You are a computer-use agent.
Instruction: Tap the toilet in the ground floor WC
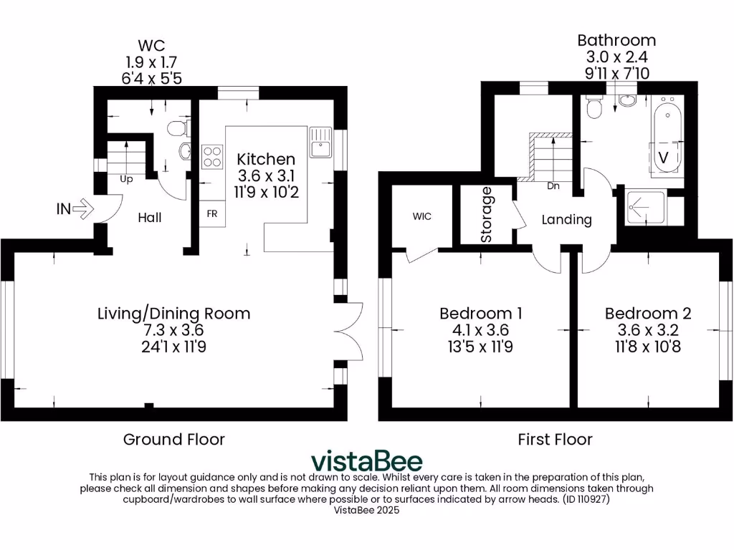pos(176,128)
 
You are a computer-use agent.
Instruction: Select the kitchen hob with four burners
pos(213,157)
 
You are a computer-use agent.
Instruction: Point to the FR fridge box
pos(213,214)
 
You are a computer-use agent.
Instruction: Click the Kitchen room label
pos(266,159)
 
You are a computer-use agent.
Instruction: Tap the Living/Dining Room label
pos(174,313)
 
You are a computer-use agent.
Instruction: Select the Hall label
pos(150,217)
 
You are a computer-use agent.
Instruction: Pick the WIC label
pos(422,216)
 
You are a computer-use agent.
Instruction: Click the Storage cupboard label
pos(486,214)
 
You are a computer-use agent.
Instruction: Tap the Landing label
pos(566,219)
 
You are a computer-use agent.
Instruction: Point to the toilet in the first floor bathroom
pos(594,108)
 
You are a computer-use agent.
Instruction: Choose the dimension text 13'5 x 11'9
pos(480,347)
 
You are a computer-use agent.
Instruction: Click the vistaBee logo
pos(366,460)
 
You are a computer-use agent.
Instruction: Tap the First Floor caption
pos(556,439)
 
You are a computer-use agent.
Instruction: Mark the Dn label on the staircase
pos(553,186)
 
